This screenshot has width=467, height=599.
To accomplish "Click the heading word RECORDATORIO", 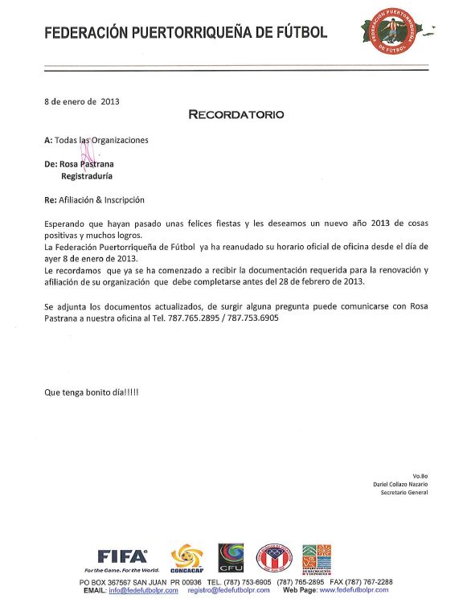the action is [x=236, y=114].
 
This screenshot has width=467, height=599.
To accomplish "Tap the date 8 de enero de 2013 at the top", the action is [x=82, y=101].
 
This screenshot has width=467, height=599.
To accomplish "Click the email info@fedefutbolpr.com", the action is [x=143, y=590].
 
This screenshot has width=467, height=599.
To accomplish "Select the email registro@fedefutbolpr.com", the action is [x=228, y=590].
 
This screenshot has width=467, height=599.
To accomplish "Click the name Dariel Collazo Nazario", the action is [x=400, y=484].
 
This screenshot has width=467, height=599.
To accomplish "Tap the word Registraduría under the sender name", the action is [x=87, y=174].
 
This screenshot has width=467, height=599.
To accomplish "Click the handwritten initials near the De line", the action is [x=87, y=150].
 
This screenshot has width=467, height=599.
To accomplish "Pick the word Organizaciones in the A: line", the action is [x=120, y=140].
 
